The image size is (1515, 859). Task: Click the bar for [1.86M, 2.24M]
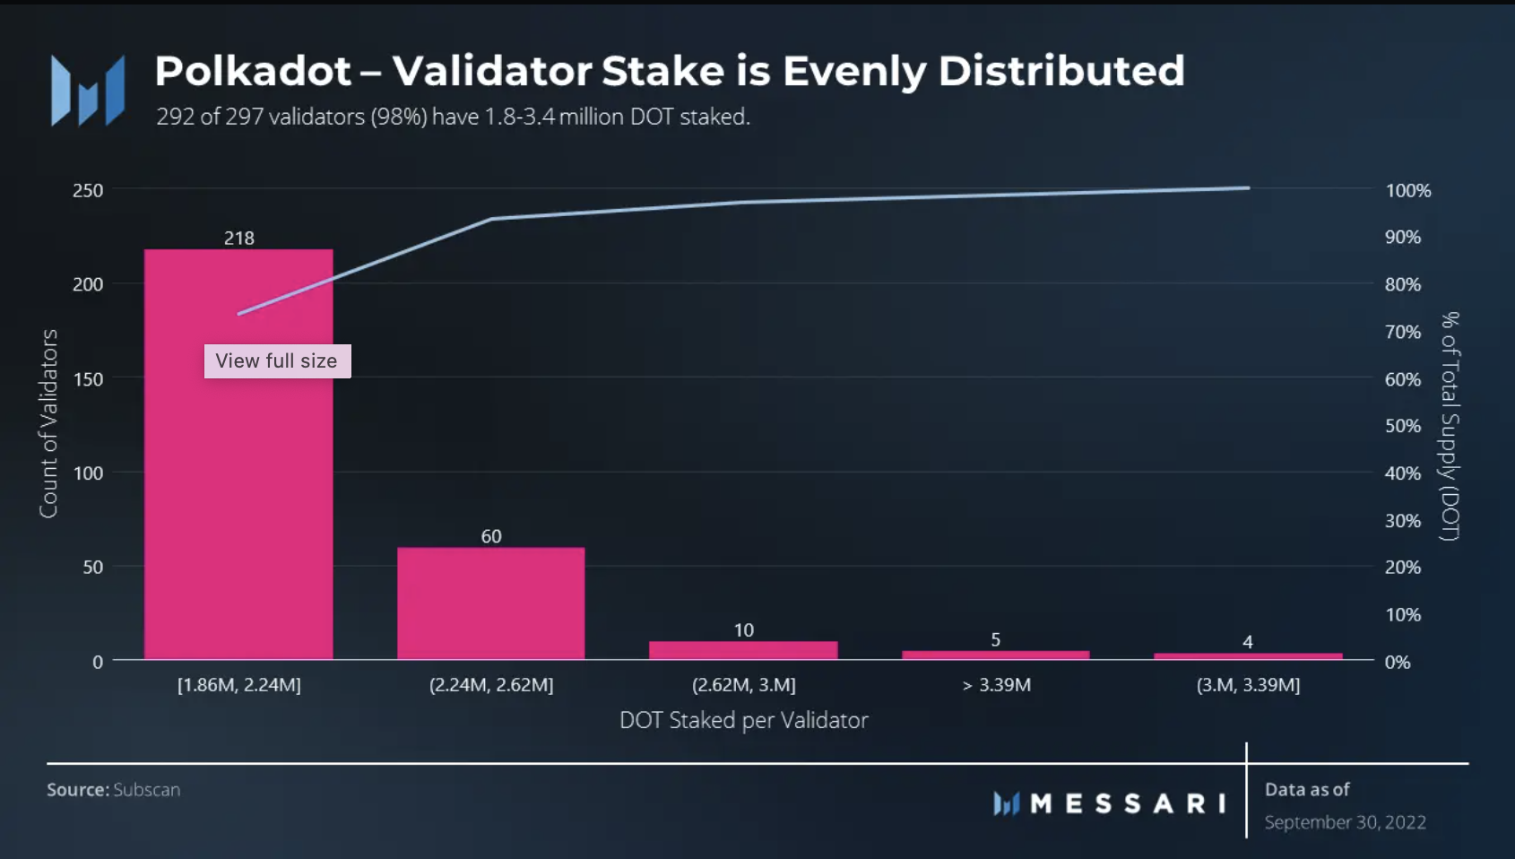click(x=238, y=502)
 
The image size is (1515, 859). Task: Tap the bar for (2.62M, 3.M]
click(x=743, y=650)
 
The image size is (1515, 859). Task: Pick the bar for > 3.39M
click(x=995, y=655)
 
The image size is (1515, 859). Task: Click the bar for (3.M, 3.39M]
click(x=1248, y=656)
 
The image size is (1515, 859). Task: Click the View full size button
click(x=277, y=361)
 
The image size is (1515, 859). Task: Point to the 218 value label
click(x=239, y=238)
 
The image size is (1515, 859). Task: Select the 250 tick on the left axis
click(x=88, y=190)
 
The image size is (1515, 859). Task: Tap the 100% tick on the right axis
click(x=1408, y=190)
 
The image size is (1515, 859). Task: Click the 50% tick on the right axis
click(x=1403, y=426)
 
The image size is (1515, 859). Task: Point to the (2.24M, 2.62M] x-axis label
click(x=491, y=685)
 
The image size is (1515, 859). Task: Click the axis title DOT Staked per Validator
click(x=744, y=720)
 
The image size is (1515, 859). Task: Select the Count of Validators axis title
click(x=48, y=423)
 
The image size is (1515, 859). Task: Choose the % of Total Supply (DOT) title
click(x=1450, y=426)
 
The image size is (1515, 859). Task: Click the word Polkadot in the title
click(x=253, y=71)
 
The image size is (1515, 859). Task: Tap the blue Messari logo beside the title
click(x=88, y=91)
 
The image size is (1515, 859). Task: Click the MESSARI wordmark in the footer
click(x=1128, y=803)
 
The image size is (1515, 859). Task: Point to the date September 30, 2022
click(x=1345, y=822)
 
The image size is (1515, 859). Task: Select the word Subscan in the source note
click(x=147, y=790)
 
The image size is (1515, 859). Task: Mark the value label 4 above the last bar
click(x=1248, y=642)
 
